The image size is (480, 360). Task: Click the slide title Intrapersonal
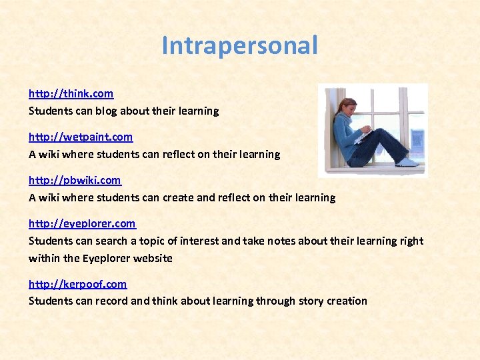pos(239,46)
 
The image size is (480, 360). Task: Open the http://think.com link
pos(71,93)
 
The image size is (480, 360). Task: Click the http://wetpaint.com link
pos(80,137)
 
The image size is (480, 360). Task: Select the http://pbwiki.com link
pos(75,180)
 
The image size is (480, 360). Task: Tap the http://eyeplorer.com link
pos(81,223)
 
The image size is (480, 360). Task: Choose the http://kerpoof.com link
pos(77,284)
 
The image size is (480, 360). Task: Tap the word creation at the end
pos(347,301)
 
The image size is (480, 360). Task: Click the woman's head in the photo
pos(348,106)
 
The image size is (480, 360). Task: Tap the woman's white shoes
pos(407,161)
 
